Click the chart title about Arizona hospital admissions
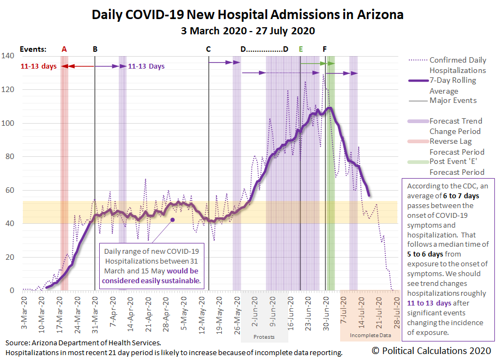[x=248, y=15]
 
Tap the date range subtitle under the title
[x=248, y=30]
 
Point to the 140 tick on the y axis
[x=8, y=56]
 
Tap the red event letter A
[x=64, y=49]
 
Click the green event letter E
[x=300, y=49]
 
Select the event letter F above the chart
[x=325, y=49]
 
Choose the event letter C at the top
[x=208, y=49]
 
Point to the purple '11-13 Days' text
[x=146, y=66]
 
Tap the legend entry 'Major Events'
[x=453, y=100]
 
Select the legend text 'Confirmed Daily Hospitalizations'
[x=457, y=65]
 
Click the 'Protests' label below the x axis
[x=264, y=336]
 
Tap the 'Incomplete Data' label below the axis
[x=370, y=335]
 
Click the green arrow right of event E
[x=313, y=64]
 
